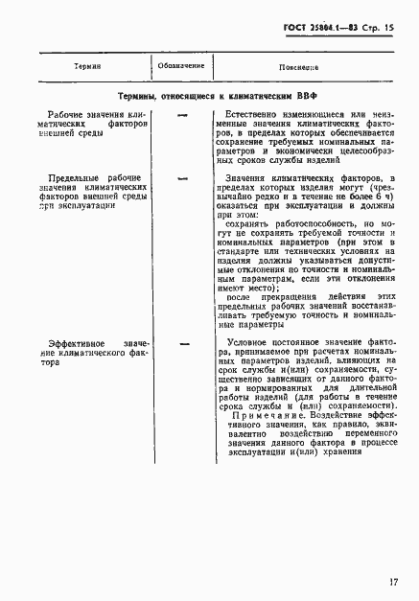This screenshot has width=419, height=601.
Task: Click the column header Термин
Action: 87,66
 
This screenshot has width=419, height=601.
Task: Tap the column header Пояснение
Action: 300,67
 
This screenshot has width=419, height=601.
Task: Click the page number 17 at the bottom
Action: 394,581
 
